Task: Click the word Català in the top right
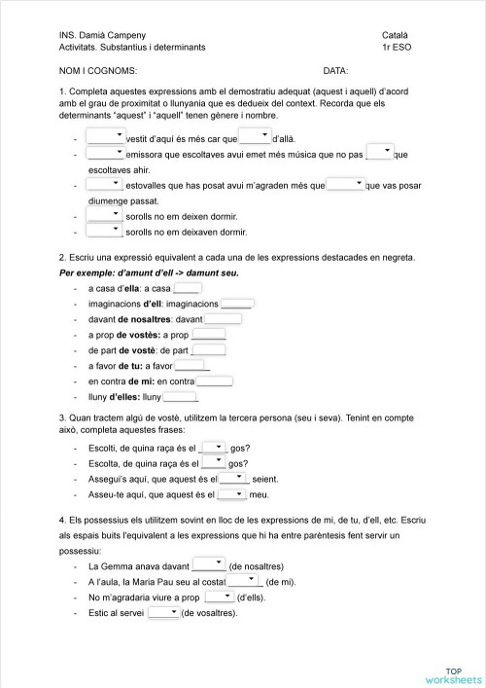click(x=399, y=34)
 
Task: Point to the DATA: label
click(x=335, y=71)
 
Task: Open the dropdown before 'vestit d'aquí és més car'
click(x=105, y=136)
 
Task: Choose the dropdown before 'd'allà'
click(x=255, y=136)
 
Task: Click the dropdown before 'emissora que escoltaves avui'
click(x=105, y=153)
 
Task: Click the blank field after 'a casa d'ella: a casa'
click(x=187, y=288)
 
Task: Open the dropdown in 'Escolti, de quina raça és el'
click(x=213, y=447)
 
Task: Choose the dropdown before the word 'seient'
click(x=233, y=478)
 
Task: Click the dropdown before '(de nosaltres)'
click(x=208, y=564)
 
